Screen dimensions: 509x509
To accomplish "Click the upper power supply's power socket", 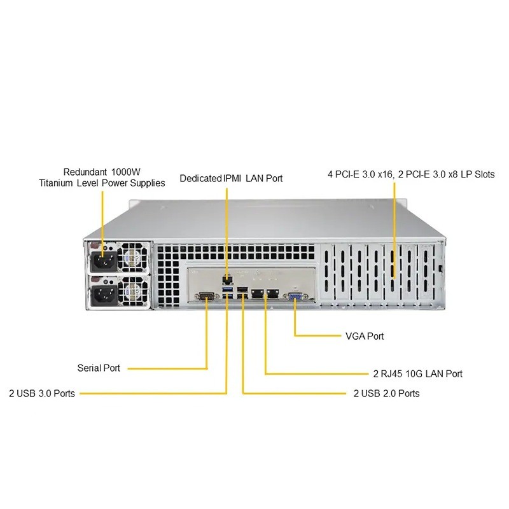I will pos(102,261).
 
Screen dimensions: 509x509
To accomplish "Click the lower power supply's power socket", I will pos(102,294).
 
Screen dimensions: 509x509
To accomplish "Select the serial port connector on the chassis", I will pos(206,295).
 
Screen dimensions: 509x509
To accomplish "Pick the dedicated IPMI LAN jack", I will pos(227,278).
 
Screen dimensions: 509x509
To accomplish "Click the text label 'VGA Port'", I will pos(363,336).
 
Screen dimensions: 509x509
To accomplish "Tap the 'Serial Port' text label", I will pos(99,368).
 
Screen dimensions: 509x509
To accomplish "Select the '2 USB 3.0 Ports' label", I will pos(42,393).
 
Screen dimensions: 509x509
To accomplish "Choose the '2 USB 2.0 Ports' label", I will pos(386,393).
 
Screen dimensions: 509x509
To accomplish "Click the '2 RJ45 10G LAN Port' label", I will pos(417,373).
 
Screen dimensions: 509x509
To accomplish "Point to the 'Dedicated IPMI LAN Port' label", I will pos(231,178).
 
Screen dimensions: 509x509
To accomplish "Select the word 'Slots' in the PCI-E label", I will pos(482,174).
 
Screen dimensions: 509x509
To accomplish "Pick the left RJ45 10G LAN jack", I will pos(258,294).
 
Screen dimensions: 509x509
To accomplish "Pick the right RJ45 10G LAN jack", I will pos(272,294).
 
